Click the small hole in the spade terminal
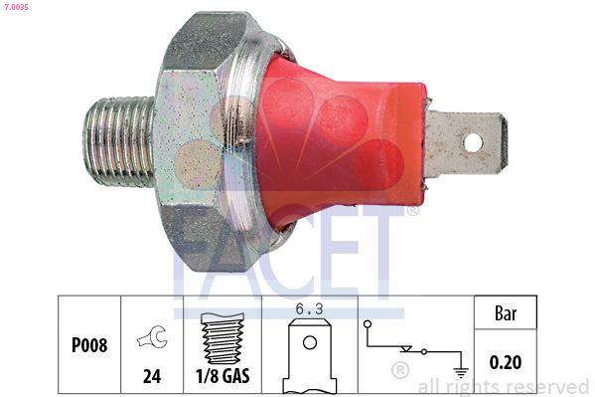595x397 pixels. pos(473,143)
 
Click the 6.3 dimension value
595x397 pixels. pos(310,308)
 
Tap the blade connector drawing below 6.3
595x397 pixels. pos(310,358)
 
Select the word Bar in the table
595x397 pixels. pos(507,312)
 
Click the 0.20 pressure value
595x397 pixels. pos(507,363)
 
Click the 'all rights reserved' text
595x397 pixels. pos(504,386)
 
